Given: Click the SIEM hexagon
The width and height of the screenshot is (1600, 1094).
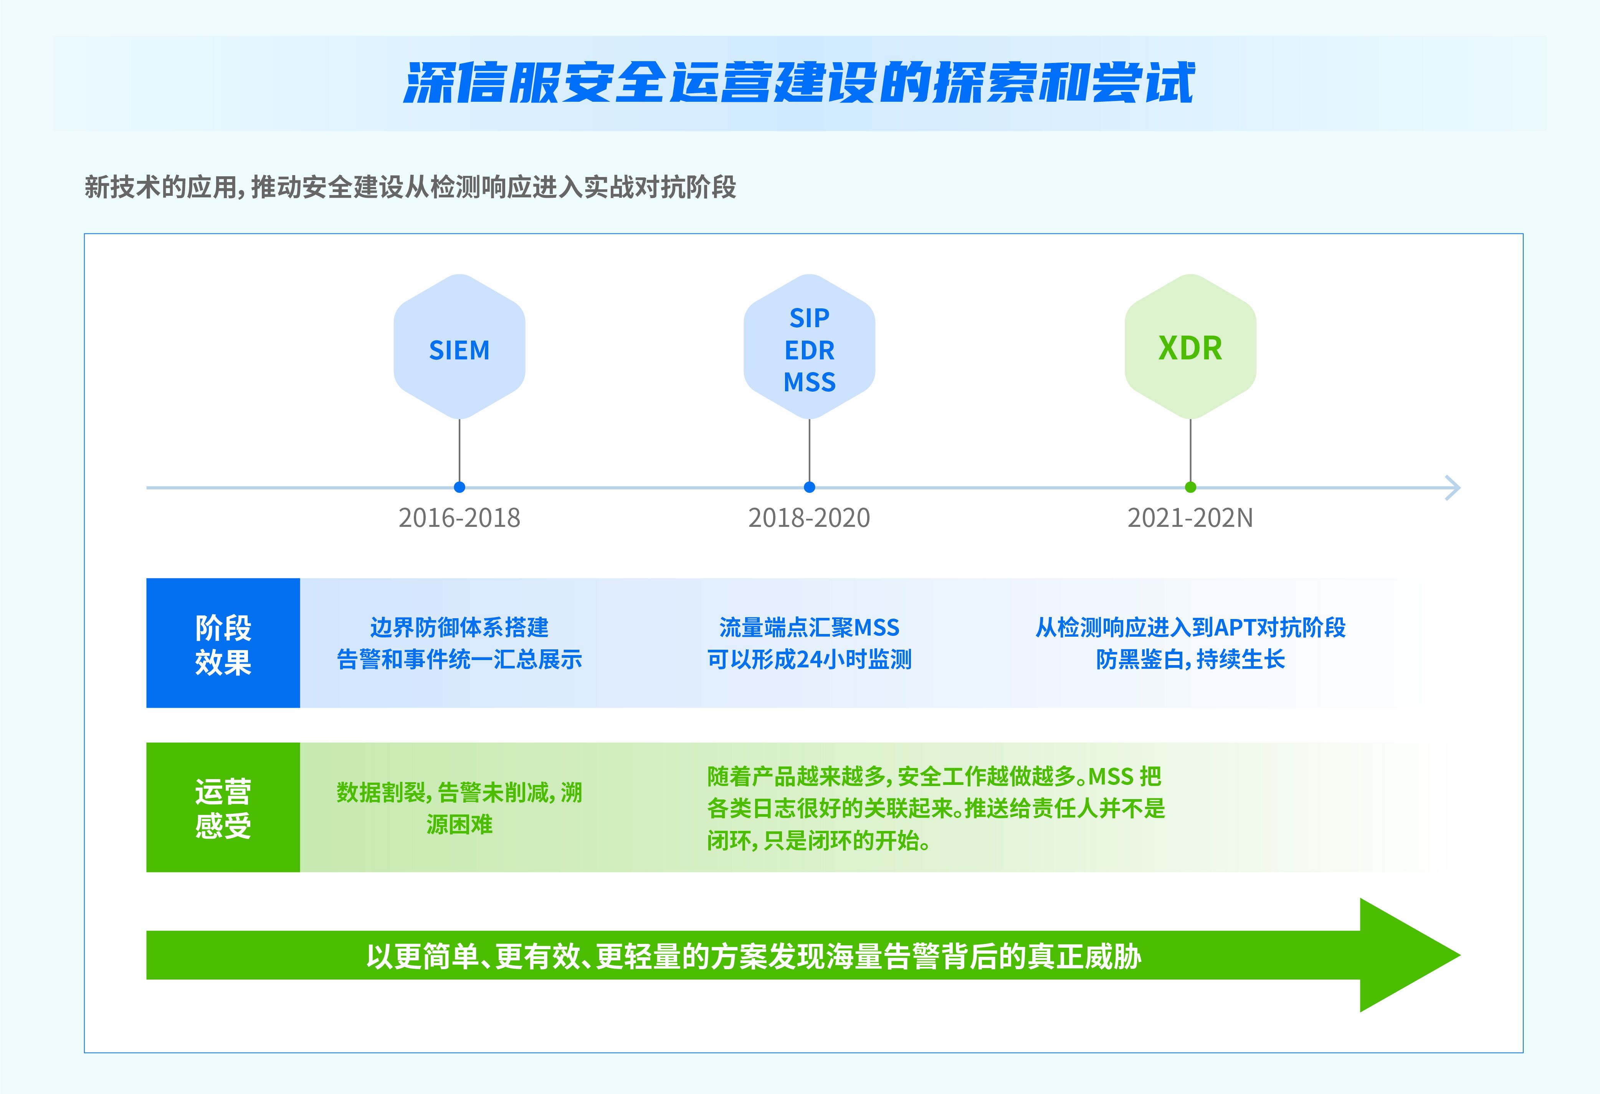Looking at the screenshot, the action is click(x=459, y=346).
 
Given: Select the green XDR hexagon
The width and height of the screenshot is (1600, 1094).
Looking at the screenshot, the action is click(x=1190, y=346).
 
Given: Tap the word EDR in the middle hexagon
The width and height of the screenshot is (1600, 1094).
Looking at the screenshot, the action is click(x=810, y=351).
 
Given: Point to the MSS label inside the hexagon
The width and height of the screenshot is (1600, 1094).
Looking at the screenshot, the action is click(x=810, y=382).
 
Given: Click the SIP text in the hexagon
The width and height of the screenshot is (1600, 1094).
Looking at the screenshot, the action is click(x=810, y=318).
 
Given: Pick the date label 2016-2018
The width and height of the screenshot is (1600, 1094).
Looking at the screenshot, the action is click(x=459, y=518).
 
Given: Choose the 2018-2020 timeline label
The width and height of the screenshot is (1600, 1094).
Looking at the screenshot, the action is click(x=810, y=518).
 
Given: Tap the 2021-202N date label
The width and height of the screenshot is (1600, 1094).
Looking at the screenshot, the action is click(x=1190, y=518).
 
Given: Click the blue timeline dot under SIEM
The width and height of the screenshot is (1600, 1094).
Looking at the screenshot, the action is click(x=459, y=487).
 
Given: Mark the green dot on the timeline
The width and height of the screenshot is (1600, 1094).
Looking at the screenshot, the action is click(x=1190, y=487).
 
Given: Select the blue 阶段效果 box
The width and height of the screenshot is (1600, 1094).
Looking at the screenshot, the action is click(x=223, y=643).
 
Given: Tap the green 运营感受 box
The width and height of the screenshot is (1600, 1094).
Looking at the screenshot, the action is click(x=223, y=808).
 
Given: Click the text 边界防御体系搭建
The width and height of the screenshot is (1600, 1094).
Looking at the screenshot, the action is click(x=459, y=627).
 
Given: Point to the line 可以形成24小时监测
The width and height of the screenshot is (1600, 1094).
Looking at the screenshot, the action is click(x=810, y=660).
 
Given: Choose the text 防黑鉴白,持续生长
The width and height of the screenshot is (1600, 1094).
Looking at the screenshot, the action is click(x=1190, y=660).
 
